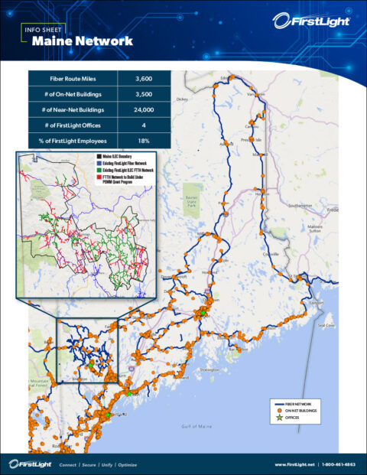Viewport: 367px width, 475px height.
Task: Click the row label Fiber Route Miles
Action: (x=73, y=78)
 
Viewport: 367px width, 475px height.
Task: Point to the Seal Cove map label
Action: (x=327, y=325)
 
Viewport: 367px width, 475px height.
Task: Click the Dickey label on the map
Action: (x=181, y=99)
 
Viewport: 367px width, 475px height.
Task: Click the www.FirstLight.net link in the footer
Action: (x=294, y=464)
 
